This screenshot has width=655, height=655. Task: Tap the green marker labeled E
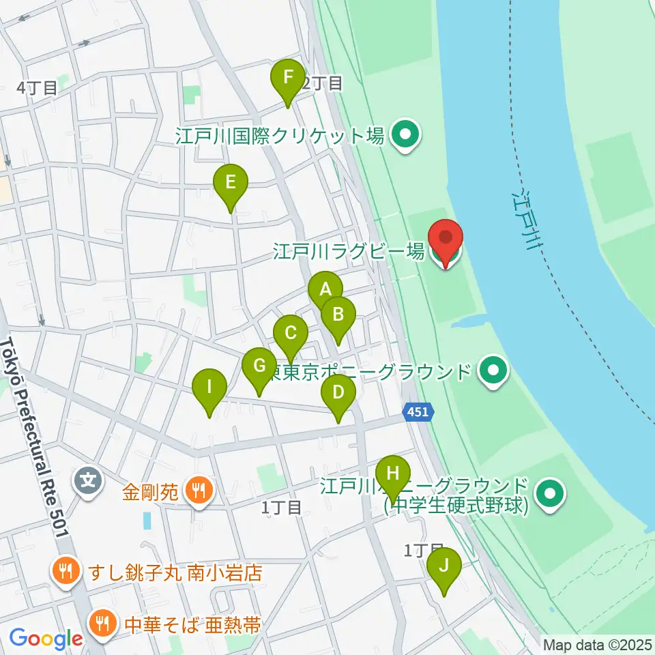click(231, 184)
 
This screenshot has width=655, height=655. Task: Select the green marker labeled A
click(325, 290)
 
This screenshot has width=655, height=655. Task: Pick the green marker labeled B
click(338, 315)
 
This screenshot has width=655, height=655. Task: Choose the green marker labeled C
click(291, 334)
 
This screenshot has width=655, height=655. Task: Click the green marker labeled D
click(338, 394)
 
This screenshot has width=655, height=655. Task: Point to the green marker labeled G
click(259, 367)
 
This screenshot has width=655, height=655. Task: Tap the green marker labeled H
click(393, 474)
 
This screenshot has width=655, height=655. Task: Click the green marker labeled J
click(444, 567)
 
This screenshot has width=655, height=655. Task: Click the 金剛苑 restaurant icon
click(199, 489)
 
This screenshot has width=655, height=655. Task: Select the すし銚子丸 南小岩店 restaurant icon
click(66, 572)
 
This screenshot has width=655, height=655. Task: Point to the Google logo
click(46, 639)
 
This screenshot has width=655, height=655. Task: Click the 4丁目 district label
click(37, 88)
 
